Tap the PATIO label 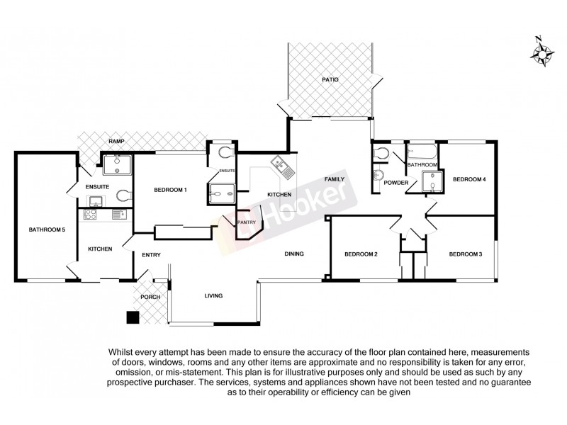(x=330, y=80)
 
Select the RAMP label (x=117, y=142)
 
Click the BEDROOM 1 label (x=170, y=190)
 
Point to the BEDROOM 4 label (x=469, y=179)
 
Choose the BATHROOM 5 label (x=47, y=229)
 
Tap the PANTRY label (x=246, y=222)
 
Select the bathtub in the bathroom (x=422, y=151)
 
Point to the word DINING (x=295, y=254)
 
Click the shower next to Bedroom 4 (x=430, y=183)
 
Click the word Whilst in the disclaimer (x=123, y=352)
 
